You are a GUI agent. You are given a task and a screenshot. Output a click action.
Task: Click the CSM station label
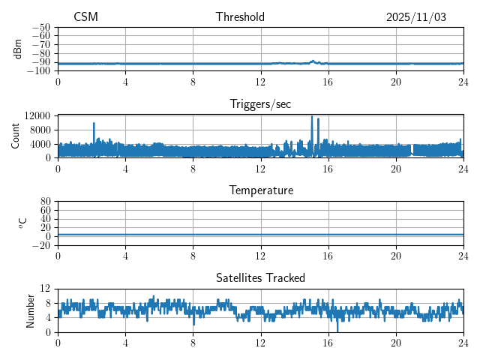pos(85,17)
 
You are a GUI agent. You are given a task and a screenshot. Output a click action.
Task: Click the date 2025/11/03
pos(416,17)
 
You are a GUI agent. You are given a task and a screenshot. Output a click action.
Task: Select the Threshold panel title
pos(240,17)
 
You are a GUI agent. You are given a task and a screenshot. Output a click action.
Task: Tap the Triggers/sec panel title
pos(260,104)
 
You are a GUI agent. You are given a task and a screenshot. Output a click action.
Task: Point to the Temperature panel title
pos(260,191)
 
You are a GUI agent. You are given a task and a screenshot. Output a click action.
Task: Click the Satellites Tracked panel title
pos(260,278)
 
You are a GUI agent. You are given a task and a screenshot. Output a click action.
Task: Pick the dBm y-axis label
pos(18,49)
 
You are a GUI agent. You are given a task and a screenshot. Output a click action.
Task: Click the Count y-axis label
pos(16,136)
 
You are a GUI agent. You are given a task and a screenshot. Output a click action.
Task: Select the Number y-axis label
pos(31,310)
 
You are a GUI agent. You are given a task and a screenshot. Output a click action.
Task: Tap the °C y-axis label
pos(23,223)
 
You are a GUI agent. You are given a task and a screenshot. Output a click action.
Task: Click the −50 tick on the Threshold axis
pos(41,28)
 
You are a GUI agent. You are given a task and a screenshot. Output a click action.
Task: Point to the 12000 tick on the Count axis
pos(37,116)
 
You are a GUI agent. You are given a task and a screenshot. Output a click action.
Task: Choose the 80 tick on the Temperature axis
pos(45,202)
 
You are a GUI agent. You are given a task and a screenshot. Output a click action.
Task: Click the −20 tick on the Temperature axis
pos(41,245)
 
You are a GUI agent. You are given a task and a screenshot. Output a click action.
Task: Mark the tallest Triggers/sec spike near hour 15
pos(311,117)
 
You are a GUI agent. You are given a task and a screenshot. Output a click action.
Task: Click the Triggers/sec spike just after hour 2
pos(94,124)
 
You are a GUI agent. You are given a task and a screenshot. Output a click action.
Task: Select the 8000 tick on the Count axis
pos(39,130)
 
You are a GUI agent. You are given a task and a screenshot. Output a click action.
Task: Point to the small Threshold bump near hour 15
pos(312,61)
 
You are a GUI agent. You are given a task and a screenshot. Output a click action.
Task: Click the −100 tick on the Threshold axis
pos(39,71)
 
